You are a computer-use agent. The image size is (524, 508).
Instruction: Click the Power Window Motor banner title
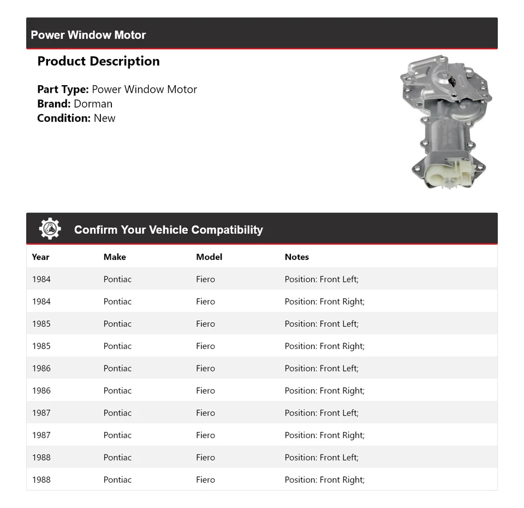click(x=88, y=35)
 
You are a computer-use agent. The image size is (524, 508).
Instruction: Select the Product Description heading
click(x=98, y=61)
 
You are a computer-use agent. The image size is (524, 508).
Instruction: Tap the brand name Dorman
click(x=93, y=104)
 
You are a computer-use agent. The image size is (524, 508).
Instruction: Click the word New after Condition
click(x=104, y=118)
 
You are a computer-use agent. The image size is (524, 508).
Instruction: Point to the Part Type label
click(x=63, y=89)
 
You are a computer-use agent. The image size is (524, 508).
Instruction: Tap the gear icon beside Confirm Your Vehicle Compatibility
click(x=50, y=229)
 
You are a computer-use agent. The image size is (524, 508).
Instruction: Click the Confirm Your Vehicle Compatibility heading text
click(x=168, y=230)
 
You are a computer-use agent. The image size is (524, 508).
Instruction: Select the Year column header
click(x=40, y=257)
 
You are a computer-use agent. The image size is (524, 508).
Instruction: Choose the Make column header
click(x=115, y=257)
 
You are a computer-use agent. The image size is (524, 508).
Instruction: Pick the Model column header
click(x=209, y=257)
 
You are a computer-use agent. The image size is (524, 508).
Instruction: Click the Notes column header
click(x=296, y=257)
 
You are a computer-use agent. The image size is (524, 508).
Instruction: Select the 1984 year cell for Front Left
click(x=41, y=279)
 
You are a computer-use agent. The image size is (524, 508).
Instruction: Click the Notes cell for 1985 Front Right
click(x=324, y=346)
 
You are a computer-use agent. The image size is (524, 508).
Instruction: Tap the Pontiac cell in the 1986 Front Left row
click(x=117, y=368)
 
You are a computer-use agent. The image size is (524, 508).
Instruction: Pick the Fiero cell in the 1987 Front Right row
click(x=205, y=435)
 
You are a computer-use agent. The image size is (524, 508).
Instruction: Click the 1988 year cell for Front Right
click(x=41, y=480)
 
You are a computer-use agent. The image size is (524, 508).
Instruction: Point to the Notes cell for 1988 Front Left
click(x=321, y=457)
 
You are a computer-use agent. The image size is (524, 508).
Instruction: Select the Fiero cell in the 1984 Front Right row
click(x=205, y=302)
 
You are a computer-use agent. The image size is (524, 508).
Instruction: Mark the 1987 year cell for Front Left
click(x=41, y=413)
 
